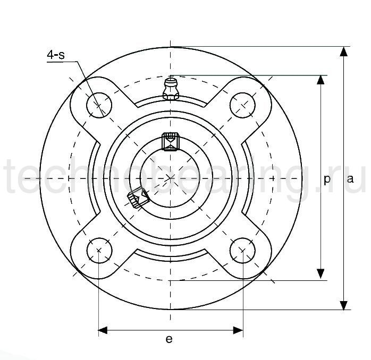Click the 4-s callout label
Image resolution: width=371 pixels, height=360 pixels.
coord(56,55)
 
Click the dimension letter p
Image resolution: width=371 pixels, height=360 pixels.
coord(327,179)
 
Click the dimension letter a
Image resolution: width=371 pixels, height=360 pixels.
coord(350,179)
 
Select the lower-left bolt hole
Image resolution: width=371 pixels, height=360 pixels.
coord(99,249)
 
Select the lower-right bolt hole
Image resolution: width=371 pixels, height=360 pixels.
coord(242,249)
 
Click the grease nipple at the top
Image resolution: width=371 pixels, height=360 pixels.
coord(171,89)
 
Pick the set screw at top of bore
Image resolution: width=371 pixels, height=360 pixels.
coord(170,142)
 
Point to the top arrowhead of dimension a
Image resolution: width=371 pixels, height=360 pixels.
coord(344,52)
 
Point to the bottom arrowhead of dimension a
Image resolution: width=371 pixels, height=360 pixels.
coord(344,305)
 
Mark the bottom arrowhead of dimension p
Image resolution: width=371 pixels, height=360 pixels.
coord(321,275)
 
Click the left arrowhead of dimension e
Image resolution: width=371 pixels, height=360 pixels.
coord(104,331)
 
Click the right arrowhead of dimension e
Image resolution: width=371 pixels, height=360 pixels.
coord(238,331)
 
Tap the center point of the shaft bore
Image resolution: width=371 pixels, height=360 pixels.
coord(171,177)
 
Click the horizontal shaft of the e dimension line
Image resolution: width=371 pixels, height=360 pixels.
coord(171,331)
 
